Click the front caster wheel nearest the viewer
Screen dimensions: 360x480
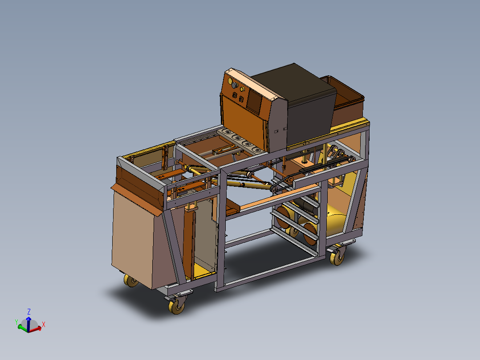(177, 306)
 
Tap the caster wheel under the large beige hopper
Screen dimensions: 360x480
(131, 281)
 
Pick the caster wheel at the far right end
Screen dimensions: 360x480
(337, 257)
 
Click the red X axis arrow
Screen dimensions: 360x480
(37, 329)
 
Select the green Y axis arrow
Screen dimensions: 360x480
(22, 327)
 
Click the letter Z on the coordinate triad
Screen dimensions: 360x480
(29, 311)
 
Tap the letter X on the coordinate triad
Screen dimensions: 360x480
(43, 324)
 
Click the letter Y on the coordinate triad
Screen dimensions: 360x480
(16, 321)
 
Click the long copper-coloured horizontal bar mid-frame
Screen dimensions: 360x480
(276, 199)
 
